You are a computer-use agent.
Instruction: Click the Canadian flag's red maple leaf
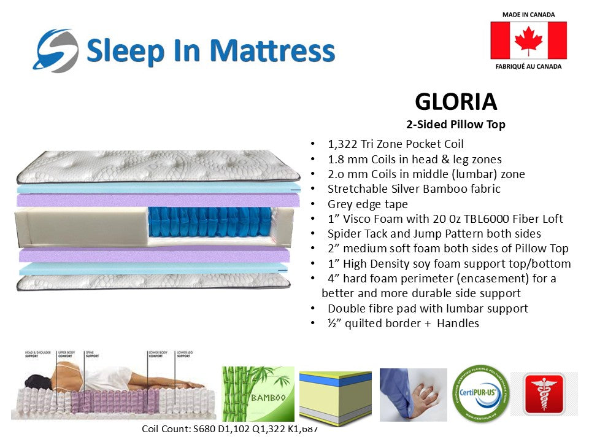point(528,41)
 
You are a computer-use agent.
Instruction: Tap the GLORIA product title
point(455,101)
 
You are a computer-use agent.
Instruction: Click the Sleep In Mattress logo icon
point(56,51)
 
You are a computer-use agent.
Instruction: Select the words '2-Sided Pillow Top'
point(455,125)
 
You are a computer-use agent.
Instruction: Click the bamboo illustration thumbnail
point(258,393)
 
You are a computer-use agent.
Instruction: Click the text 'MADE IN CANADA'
point(528,14)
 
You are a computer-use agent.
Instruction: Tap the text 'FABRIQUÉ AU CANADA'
point(528,66)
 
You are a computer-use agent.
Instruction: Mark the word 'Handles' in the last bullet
point(458,323)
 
